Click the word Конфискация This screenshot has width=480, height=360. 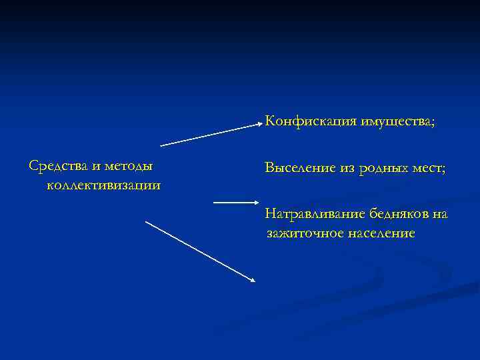(x=311, y=121)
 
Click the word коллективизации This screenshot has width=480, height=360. (x=103, y=185)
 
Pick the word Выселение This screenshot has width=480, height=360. (x=299, y=169)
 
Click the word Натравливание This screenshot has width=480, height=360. (x=309, y=215)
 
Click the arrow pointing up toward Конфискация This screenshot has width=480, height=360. (x=211, y=134)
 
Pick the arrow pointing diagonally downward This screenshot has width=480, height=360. (x=200, y=251)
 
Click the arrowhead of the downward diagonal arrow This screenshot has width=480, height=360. (x=253, y=280)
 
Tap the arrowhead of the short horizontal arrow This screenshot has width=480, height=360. (x=256, y=202)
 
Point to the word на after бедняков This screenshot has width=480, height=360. (x=439, y=214)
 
